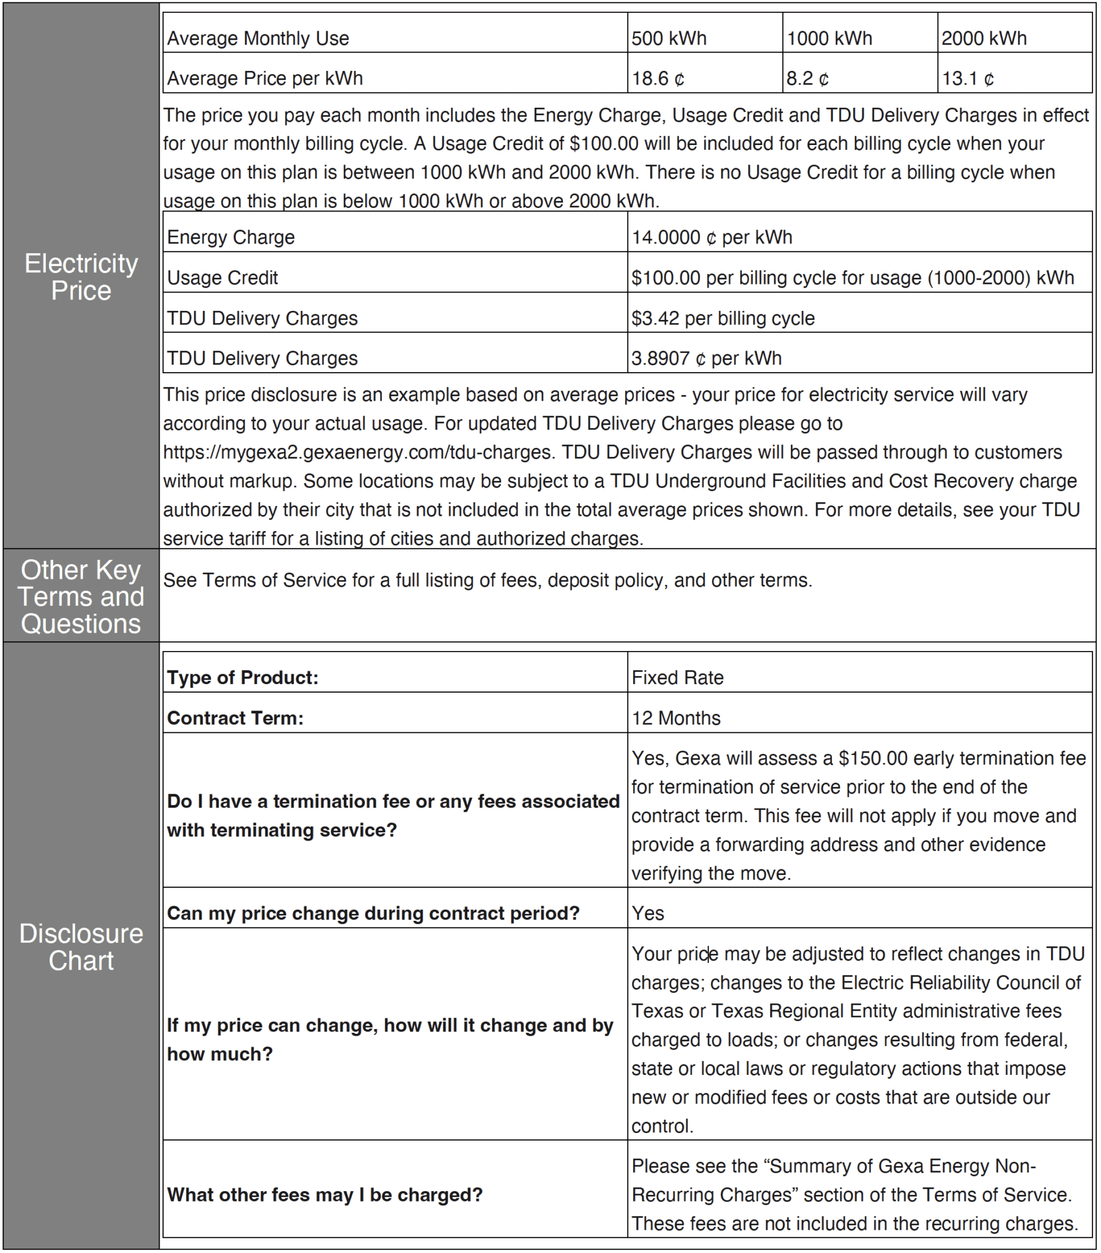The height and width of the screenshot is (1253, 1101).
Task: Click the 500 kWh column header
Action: coord(669,38)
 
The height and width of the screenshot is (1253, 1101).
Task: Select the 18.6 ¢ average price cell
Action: coord(658,78)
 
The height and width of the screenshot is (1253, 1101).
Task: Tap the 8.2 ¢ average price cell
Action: coord(807,78)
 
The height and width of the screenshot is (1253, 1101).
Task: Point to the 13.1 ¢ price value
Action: coord(968,78)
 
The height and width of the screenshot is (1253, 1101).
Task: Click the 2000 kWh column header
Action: coord(984,38)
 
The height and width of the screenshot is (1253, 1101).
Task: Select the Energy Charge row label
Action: coord(231,237)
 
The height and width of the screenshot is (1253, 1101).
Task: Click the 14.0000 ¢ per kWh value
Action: coord(712,237)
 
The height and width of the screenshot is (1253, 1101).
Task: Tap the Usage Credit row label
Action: coord(222,278)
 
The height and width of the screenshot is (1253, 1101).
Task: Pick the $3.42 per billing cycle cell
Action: coord(723,318)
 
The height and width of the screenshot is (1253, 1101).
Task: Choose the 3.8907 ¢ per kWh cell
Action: coord(706,358)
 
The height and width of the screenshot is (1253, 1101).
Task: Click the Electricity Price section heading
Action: coord(81,277)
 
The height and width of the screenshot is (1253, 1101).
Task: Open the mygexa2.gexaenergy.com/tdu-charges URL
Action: coord(357,452)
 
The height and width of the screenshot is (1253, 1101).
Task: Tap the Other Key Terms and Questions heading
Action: coord(81,597)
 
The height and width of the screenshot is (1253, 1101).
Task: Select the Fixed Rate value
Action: coord(677,677)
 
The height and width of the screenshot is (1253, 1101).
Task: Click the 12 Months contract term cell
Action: coord(675,718)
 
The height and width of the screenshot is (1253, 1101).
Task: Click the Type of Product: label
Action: coord(243,677)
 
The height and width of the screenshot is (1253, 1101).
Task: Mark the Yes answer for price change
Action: coord(648,913)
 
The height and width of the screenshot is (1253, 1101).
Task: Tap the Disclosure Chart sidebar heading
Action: coord(81,946)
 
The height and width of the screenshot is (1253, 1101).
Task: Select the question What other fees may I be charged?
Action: coord(325,1194)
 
